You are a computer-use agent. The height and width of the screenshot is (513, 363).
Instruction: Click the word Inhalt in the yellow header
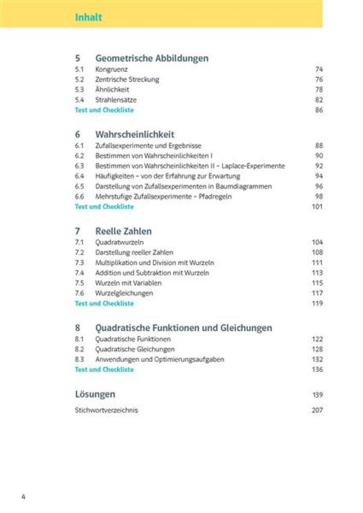point(88,17)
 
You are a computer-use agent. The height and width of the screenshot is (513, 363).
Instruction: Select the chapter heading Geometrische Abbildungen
point(152,58)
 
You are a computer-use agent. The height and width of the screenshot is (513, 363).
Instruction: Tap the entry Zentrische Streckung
point(127,80)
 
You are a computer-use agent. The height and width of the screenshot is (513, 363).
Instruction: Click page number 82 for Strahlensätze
point(319,100)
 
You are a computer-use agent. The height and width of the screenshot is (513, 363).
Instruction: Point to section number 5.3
point(79,90)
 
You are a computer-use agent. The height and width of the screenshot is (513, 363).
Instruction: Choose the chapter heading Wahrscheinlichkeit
point(135,134)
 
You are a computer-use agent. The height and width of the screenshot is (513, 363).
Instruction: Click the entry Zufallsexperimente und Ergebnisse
point(148,146)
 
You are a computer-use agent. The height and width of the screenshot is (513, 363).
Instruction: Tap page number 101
point(317,207)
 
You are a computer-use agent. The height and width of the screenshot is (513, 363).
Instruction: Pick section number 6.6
point(79,196)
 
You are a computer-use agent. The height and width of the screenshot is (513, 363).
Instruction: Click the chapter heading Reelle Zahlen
point(123,231)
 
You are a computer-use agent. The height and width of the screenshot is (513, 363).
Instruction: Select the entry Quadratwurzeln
point(119,242)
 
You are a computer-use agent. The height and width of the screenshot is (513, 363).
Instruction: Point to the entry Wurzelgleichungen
point(124,293)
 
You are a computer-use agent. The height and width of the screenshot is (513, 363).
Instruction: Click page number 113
point(317,273)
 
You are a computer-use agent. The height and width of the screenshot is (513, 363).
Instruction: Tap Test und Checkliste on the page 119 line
point(104,304)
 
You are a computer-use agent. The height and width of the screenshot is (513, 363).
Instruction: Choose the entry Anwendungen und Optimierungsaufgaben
point(159,360)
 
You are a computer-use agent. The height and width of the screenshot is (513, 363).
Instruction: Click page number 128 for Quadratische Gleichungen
point(317,349)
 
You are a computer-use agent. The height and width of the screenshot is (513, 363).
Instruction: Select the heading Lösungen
point(95,394)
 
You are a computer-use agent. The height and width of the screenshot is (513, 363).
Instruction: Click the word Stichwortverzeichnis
point(106,410)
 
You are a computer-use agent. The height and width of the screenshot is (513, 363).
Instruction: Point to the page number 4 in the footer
point(23,497)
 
